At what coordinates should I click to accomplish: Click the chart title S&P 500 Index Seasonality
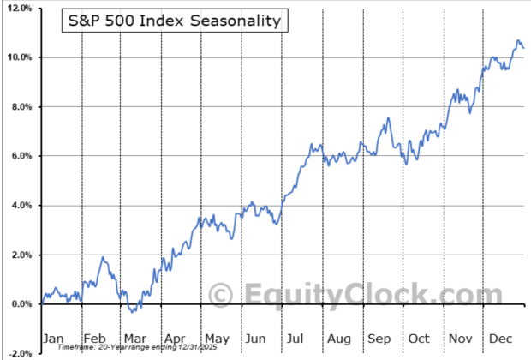coord(174,20)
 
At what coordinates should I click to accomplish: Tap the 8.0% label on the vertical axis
coord(21,107)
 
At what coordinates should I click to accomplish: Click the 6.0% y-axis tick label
coord(21,156)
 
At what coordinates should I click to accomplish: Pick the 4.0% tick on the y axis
coord(21,206)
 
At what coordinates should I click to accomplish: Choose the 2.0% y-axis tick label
coord(21,255)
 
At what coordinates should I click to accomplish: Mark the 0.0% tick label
coord(21,304)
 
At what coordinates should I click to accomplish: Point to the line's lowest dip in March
coord(131,311)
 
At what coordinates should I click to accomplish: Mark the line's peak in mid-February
coord(103,257)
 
